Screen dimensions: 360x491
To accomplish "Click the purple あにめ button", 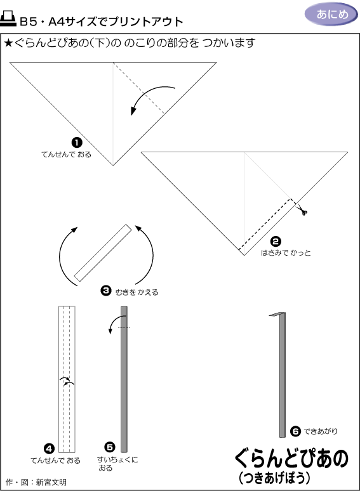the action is point(331,15).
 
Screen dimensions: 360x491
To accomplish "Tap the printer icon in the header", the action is point(8,18).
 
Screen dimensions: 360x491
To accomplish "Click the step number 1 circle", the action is point(77,143).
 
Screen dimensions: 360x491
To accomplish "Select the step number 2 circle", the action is point(276,242).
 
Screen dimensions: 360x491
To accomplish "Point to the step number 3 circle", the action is point(106,291).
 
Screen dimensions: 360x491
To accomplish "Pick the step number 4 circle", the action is point(49,449).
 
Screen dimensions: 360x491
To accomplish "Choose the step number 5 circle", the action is point(110,447).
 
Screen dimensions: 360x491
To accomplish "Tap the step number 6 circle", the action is point(295,431).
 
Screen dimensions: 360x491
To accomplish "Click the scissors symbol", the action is point(302,209).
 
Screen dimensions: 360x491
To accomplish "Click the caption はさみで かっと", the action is point(286,252).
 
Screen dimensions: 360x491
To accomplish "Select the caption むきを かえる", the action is point(137,292).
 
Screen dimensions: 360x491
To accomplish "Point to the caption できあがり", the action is point(321,431).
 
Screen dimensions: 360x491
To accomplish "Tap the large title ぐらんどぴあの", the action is point(291,459).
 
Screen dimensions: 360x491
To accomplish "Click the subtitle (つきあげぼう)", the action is point(274,478).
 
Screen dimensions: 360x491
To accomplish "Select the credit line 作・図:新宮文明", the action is point(36,482).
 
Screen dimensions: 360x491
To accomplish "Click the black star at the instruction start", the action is point(8,43).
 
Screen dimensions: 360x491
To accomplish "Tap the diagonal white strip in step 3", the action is point(103,252).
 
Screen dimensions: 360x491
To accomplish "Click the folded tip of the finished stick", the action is point(277,314).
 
